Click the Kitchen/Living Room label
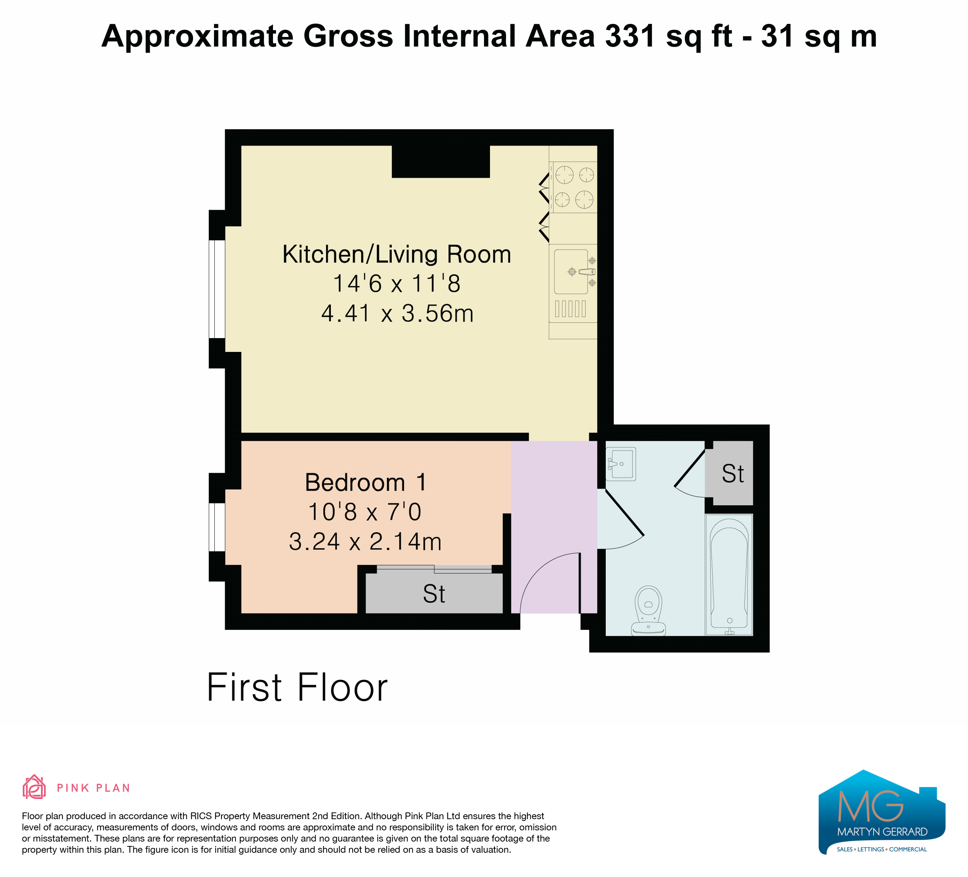pyautogui.click(x=397, y=254)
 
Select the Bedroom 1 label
pyautogui.click(x=365, y=482)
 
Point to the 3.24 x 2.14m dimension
pyautogui.click(x=365, y=542)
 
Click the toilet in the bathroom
pyautogui.click(x=648, y=610)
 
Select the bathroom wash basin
pyautogui.click(x=621, y=464)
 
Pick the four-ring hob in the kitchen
pyautogui.click(x=574, y=187)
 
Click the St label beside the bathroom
pyautogui.click(x=733, y=474)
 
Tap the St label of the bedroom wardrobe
pyautogui.click(x=434, y=594)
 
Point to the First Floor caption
pyautogui.click(x=297, y=687)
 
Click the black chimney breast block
pyautogui.click(x=441, y=161)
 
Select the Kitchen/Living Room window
pyautogui.click(x=217, y=289)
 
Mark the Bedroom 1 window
pyautogui.click(x=217, y=527)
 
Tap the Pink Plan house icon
pyautogui.click(x=34, y=787)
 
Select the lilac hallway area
pyautogui.click(x=553, y=527)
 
